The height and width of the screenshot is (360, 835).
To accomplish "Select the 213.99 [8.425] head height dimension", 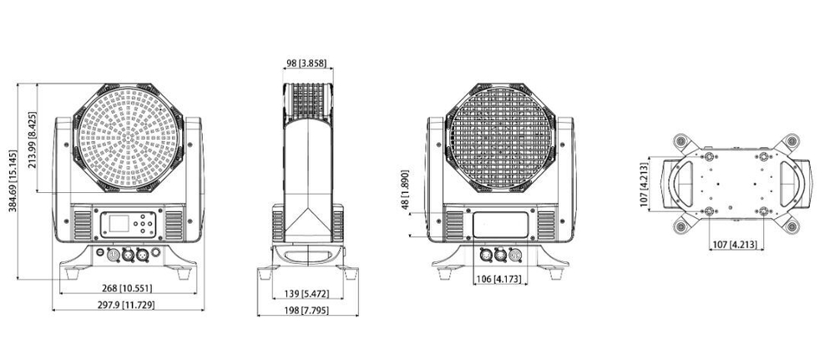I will point(33,140).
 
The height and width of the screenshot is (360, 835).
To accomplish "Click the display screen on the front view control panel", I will point(116,224).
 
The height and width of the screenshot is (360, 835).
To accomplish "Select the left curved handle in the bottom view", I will point(677,184).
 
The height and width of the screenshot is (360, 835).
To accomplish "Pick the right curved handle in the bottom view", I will point(788,184).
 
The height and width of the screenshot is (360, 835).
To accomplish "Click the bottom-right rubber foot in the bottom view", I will point(790,224).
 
